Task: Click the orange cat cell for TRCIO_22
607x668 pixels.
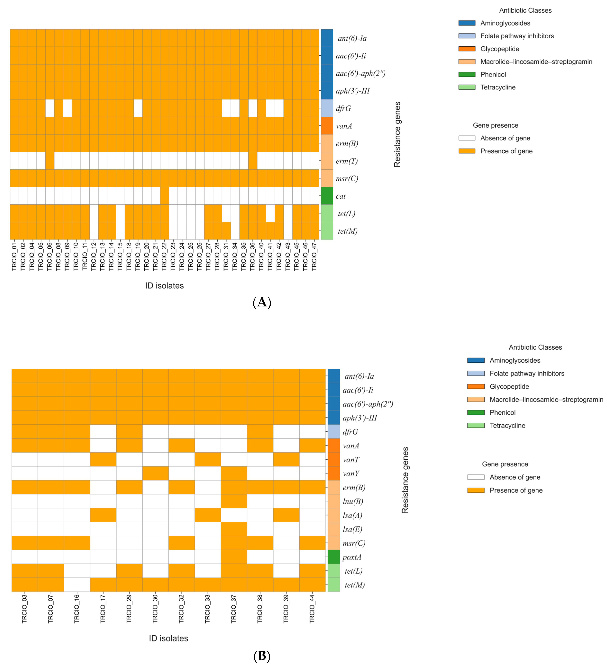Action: point(164,196)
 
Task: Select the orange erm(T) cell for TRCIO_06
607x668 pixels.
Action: point(50,161)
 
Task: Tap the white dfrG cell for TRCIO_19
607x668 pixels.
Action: point(138,108)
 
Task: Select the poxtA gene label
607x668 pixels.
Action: point(352,557)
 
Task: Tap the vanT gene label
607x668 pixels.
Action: point(351,460)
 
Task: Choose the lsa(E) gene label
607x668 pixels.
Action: point(352,529)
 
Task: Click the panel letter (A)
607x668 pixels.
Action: point(262,303)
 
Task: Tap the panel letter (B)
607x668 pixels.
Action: point(262,656)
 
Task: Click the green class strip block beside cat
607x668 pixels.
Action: point(327,196)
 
